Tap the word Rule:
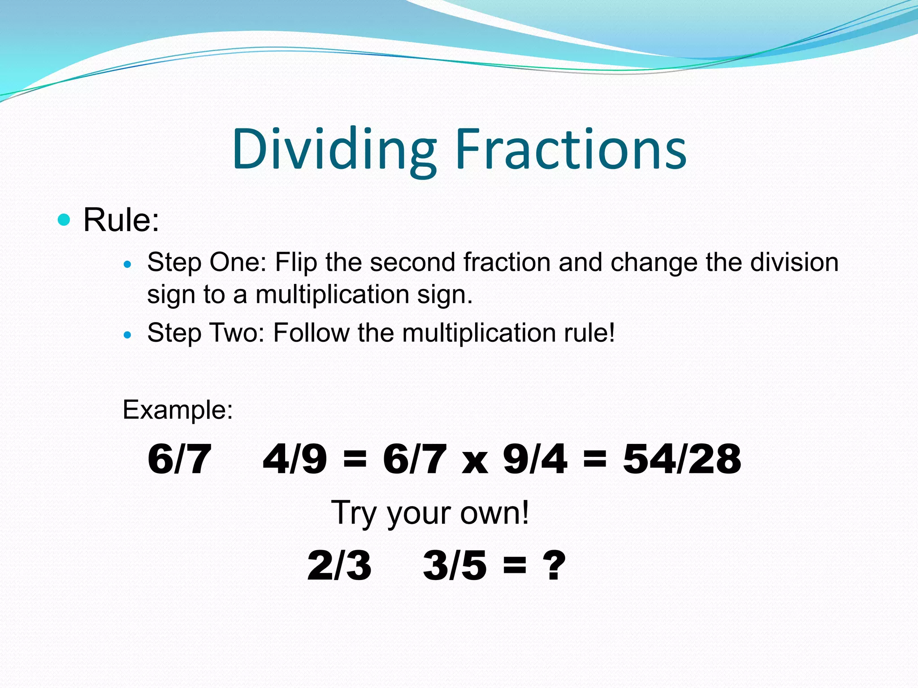pos(121,220)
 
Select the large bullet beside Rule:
pos(65,219)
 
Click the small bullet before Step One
pos(128,265)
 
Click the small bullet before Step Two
pos(128,335)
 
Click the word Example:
pos(178,409)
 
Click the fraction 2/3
pos(339,565)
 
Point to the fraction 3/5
pos(455,565)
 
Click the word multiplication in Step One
pos(332,295)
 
